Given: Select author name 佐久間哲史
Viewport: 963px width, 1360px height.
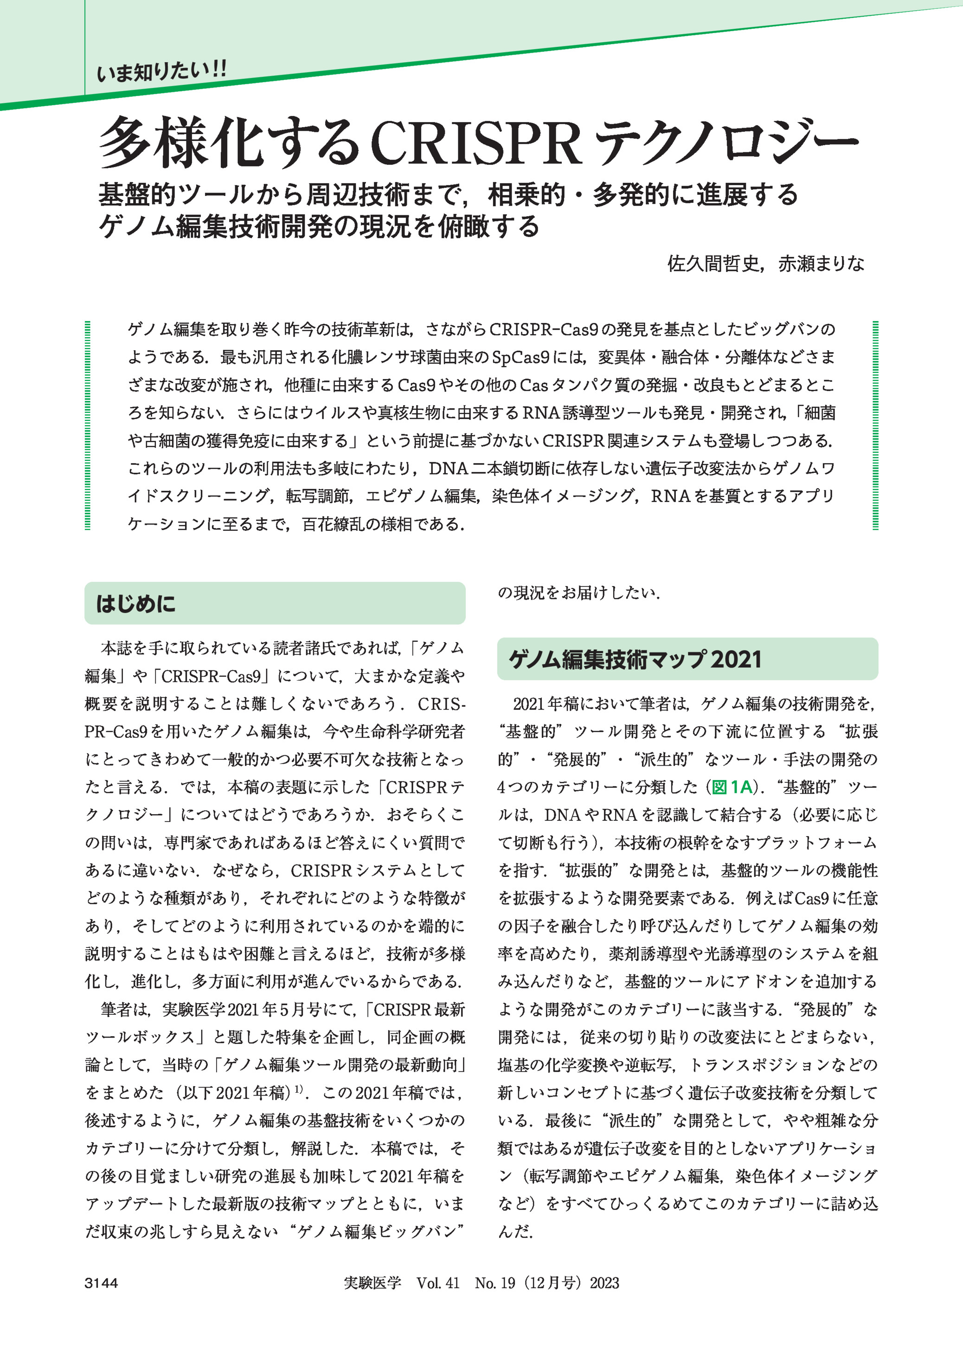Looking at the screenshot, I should [x=713, y=264].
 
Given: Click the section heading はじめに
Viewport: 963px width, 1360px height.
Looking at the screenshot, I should [x=136, y=604].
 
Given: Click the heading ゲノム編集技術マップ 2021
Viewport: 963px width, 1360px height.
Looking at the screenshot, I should [x=635, y=659].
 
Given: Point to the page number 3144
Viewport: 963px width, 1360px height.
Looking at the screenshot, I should [x=102, y=1283].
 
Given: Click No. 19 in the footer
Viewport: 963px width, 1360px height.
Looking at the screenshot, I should [x=494, y=1283].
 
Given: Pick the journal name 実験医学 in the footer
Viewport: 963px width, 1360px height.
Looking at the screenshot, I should [x=372, y=1283].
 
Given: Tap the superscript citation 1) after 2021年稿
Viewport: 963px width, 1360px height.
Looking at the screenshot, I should [x=300, y=1088].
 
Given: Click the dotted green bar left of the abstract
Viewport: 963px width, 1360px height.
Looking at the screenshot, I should [x=88, y=425].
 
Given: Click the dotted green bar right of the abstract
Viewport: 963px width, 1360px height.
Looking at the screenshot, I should [x=875, y=425].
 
